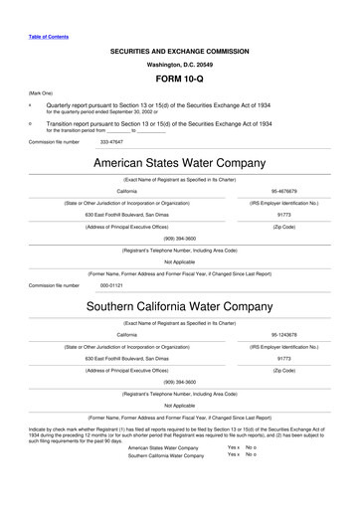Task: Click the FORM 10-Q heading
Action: click(179, 77)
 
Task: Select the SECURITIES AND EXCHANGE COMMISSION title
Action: click(179, 48)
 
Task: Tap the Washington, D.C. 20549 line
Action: click(179, 62)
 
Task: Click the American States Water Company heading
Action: click(179, 162)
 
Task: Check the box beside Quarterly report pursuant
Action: click(30, 102)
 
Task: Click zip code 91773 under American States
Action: click(283, 214)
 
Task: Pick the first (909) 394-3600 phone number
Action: click(179, 239)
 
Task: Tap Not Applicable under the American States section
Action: click(179, 262)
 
